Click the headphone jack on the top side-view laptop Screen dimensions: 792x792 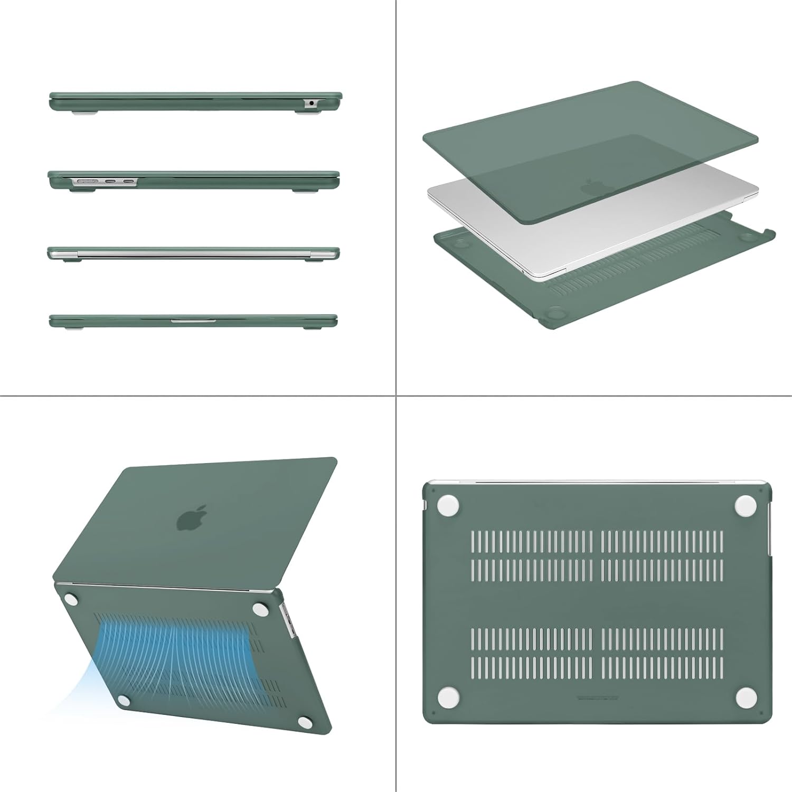[311, 103]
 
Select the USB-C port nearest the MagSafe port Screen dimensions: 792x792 [111, 182]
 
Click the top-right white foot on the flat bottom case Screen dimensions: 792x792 [745, 505]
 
